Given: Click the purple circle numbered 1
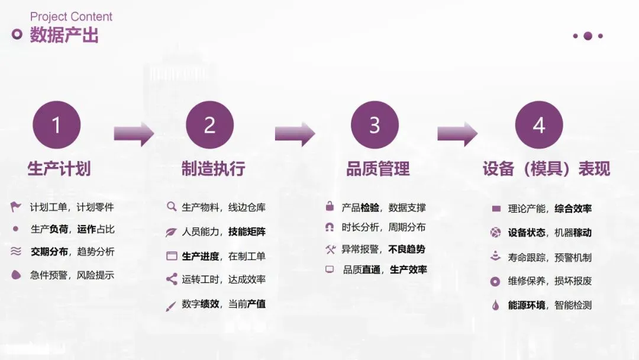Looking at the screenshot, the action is [x=57, y=125].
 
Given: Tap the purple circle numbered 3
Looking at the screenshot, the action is [x=375, y=125].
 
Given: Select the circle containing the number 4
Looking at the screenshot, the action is [x=539, y=125].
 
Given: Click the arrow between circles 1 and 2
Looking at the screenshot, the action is [x=134, y=134].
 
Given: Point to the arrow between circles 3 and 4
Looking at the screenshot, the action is [x=457, y=134].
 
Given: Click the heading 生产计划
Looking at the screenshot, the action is [x=59, y=169].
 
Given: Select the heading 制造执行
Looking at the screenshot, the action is [x=213, y=169].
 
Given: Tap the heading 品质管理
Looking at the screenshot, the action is [x=378, y=169].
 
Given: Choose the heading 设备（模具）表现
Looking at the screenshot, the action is [x=546, y=169].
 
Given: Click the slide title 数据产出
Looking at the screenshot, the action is [x=64, y=35].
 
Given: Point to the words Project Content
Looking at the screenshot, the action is [x=71, y=17].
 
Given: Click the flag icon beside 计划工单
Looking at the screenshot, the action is [x=16, y=207].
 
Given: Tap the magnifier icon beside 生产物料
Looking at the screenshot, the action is [x=172, y=207].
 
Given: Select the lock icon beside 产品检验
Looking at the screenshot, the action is [x=330, y=207].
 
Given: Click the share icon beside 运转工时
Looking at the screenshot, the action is [x=172, y=279].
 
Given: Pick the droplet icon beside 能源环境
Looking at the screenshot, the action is [x=496, y=306].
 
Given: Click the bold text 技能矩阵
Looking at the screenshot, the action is [x=247, y=232].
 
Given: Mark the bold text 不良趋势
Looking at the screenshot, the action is [x=407, y=249].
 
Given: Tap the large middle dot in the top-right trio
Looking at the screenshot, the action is [x=588, y=36].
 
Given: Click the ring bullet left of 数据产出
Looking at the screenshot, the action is [x=17, y=34].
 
